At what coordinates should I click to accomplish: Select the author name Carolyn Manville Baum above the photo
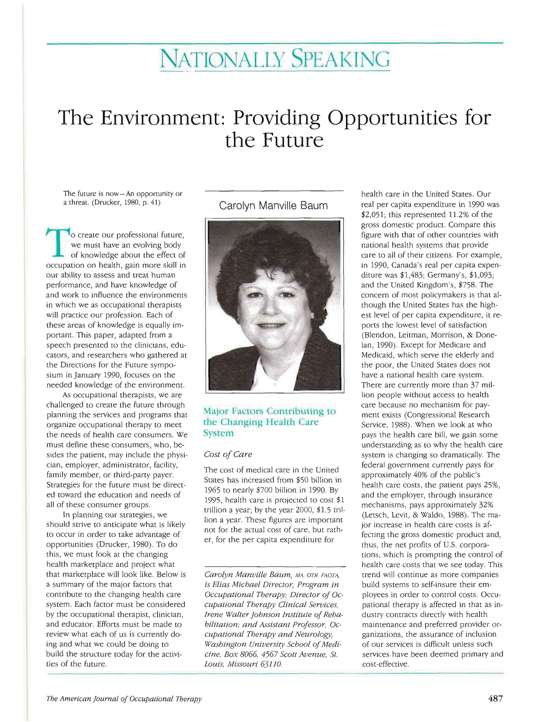pos(273,206)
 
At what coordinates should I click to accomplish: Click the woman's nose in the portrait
pos(271,309)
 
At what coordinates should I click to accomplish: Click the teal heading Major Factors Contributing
pos(269,411)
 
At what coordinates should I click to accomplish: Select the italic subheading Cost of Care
pos(228,454)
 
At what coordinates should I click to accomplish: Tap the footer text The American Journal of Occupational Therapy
pos(124,699)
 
